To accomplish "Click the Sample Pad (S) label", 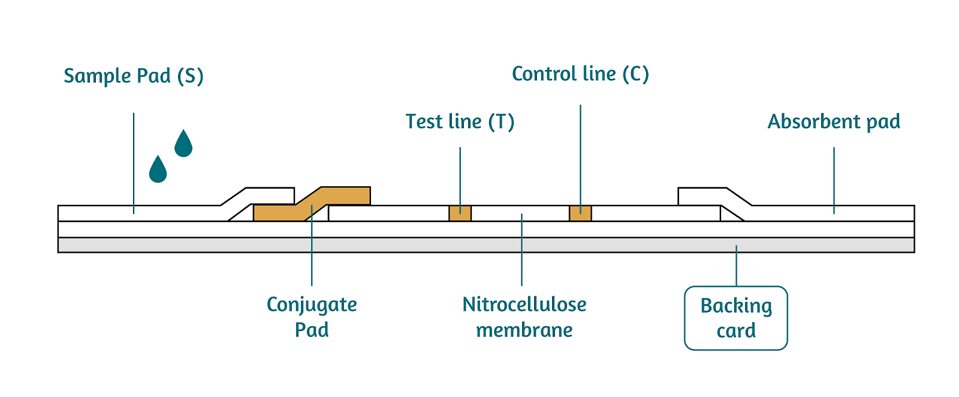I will pos(134,76).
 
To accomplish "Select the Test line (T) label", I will pos(460,122).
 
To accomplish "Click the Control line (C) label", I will pos(580,74).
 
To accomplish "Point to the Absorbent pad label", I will pos(834,122).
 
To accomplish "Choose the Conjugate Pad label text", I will pos(312,317).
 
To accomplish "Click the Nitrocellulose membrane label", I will pos(524,317).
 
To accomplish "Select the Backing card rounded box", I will pos(736,318).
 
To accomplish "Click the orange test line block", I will pos(460,213).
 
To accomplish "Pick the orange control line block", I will pos(580,213).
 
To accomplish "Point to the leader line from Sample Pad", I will pos(134,162).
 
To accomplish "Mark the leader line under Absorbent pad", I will pos(834,180).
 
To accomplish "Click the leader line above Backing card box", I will pos(737,266).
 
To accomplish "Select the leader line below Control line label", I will pos(580,156).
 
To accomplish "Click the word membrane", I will pos(524,330).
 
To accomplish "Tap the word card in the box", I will pos(736,331).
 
